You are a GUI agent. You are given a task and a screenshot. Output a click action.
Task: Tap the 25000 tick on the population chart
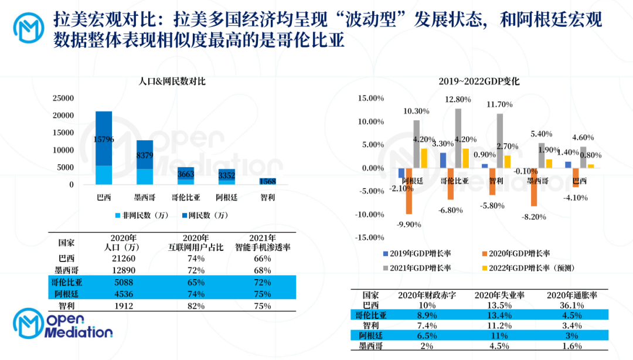click(63, 98)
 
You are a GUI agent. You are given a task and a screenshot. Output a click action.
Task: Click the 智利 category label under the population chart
click(268, 198)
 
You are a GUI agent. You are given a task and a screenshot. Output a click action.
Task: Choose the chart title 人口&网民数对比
click(168, 81)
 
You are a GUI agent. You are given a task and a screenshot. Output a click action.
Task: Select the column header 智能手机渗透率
click(263, 247)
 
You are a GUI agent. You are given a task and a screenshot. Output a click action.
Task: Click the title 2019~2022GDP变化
click(479, 81)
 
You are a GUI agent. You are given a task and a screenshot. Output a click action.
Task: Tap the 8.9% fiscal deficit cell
click(423, 315)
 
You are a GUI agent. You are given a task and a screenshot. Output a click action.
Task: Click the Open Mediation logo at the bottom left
click(63, 325)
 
